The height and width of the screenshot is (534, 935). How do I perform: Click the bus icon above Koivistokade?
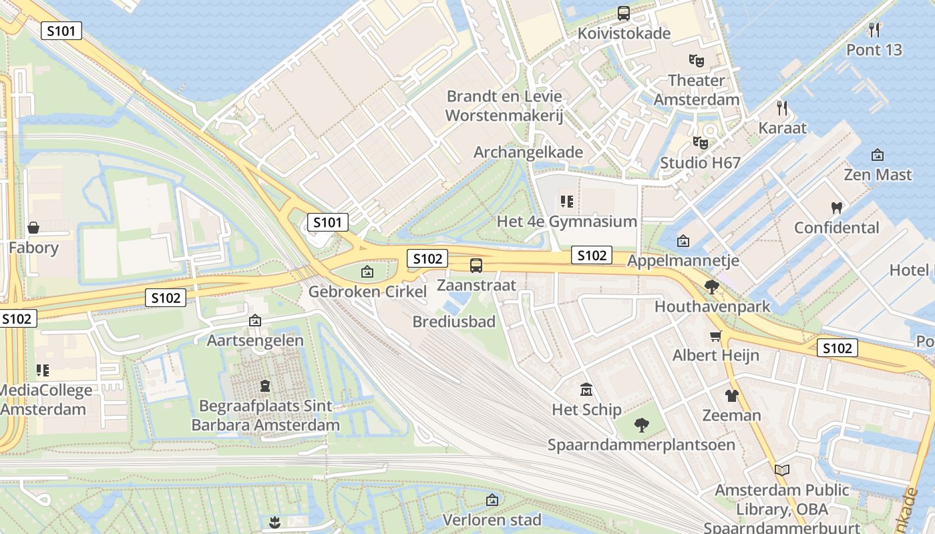624,13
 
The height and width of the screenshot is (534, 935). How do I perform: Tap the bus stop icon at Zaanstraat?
476,266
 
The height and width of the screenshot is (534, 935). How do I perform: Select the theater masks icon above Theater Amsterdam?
697,61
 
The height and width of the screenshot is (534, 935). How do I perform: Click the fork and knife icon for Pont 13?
874,29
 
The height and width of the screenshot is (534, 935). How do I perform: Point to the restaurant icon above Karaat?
782,107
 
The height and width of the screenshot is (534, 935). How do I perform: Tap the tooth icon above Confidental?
836,208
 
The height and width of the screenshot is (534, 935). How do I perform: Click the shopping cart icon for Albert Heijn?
716,335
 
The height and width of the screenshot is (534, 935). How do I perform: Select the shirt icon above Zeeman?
731,395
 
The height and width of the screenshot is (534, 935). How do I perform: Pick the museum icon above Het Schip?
586,389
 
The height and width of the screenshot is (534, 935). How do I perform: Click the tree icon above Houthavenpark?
712,287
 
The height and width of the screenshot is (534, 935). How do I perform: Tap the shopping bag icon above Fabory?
33,228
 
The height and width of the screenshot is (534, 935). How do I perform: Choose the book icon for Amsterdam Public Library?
782,470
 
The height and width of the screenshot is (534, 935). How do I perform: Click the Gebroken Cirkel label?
367,292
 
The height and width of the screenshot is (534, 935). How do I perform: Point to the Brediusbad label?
453,322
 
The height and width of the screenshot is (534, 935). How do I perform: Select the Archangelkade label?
528,152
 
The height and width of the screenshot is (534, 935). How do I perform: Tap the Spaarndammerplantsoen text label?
641,445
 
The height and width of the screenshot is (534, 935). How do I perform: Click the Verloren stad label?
492,519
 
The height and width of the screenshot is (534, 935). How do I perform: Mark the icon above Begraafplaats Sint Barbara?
265,386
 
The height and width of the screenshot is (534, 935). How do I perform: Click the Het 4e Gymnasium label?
566,221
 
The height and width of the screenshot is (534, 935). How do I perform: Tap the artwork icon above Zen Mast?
878,155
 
